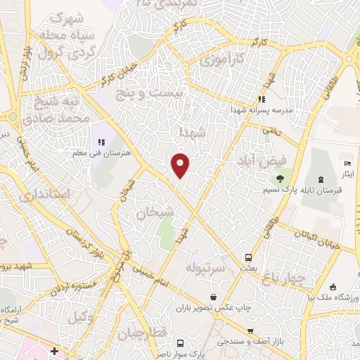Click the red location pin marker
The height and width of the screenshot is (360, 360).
click(181, 164)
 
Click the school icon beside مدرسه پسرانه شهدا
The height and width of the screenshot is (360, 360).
click(262, 99)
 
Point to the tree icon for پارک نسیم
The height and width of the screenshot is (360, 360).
click(281, 179)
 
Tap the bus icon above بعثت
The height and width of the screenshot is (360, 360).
click(248, 257)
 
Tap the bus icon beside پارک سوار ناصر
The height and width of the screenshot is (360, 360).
click(181, 344)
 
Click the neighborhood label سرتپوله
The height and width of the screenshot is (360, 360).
click(205, 268)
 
